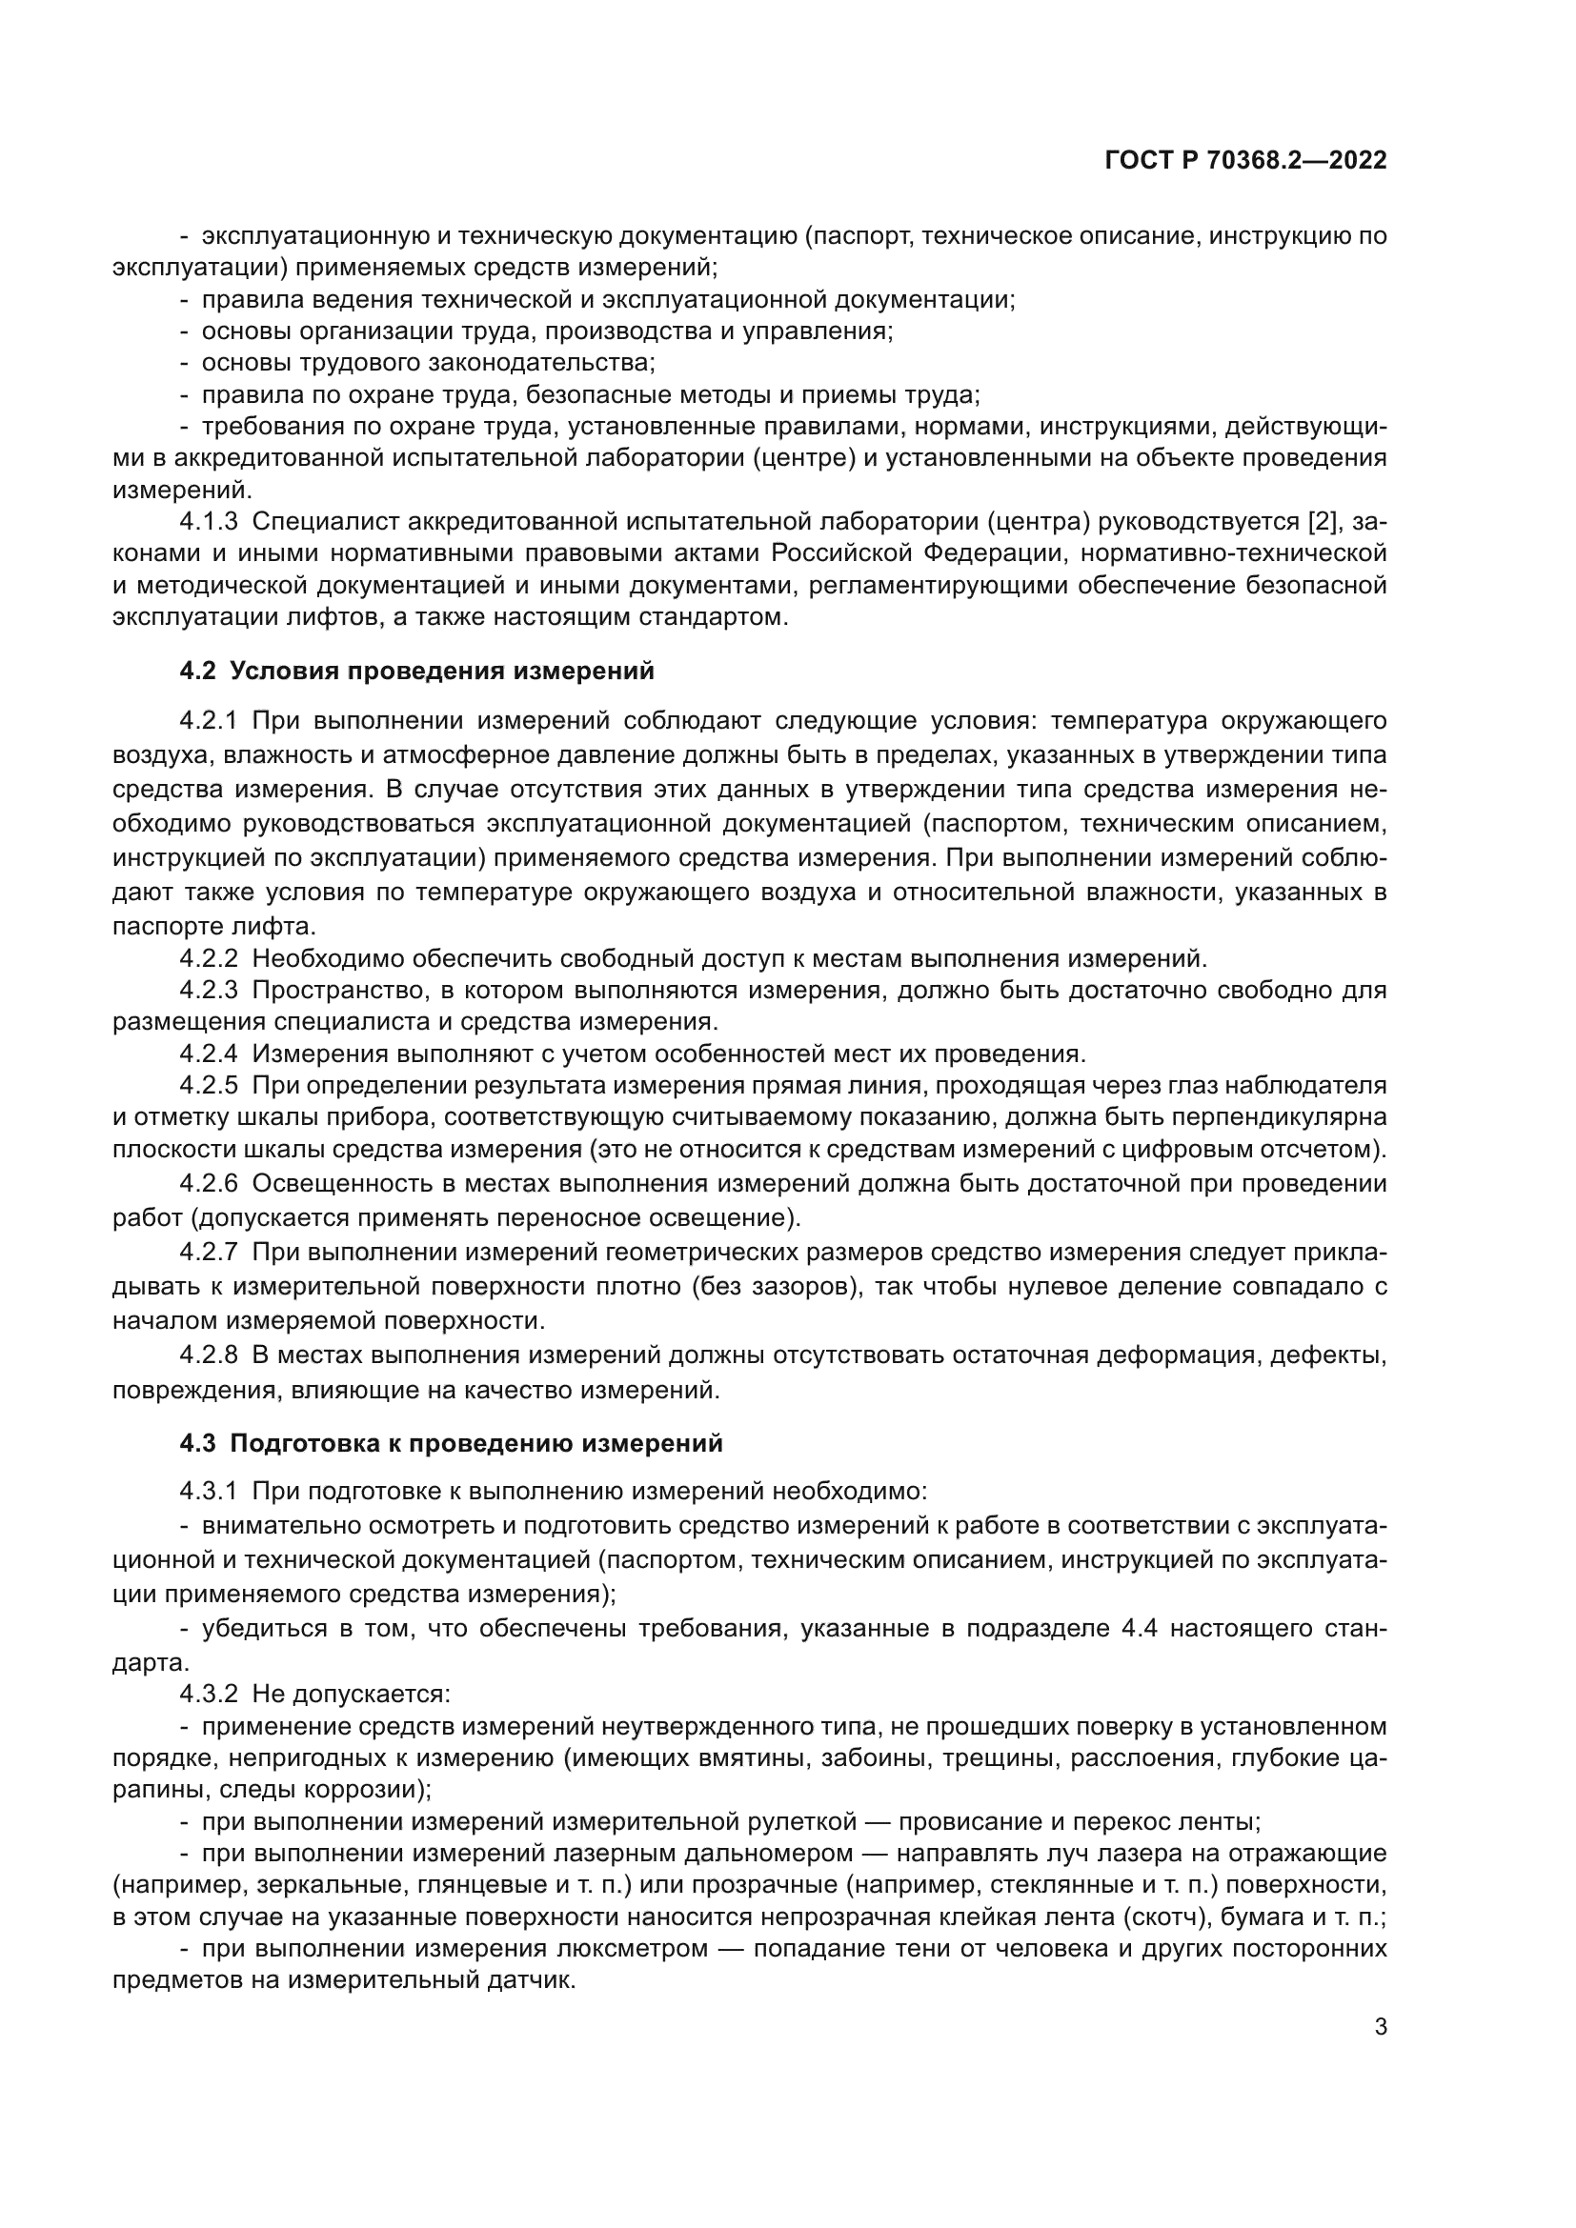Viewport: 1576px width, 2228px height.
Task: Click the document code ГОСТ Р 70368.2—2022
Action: pyautogui.click(x=1246, y=161)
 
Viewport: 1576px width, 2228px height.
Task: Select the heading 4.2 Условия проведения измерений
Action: pyautogui.click(x=417, y=671)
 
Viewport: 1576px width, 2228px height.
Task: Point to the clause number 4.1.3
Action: pyautogui.click(x=209, y=522)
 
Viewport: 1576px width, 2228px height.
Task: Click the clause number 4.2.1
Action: pyautogui.click(x=209, y=721)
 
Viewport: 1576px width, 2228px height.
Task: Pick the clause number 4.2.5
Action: pyautogui.click(x=209, y=1085)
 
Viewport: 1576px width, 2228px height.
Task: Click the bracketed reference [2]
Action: pyautogui.click(x=1324, y=522)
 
